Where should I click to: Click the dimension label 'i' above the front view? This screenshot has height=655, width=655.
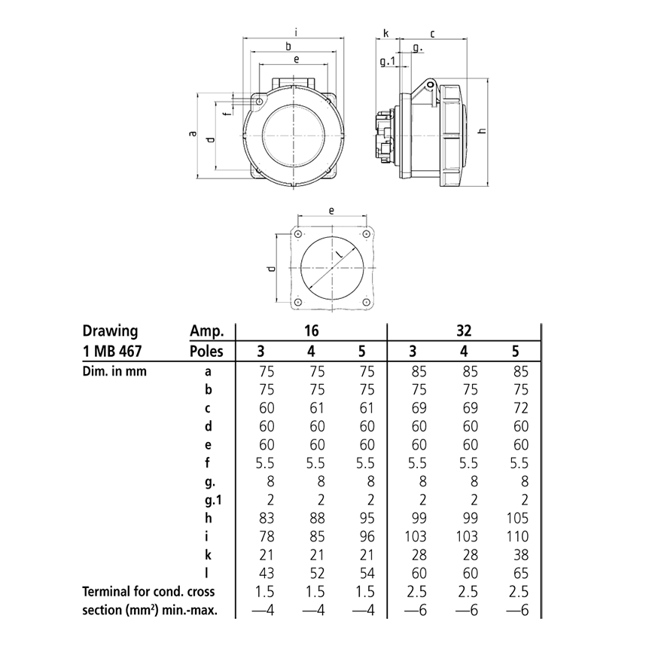tap(297, 32)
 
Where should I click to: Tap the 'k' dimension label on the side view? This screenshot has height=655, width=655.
tap(386, 33)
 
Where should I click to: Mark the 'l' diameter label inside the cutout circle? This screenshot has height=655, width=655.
tap(340, 256)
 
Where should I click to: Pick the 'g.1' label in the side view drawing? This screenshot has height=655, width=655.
tap(387, 61)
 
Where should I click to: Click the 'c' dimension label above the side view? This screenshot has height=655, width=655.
tap(433, 33)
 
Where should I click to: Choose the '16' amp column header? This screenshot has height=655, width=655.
tap(311, 331)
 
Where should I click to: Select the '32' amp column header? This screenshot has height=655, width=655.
tap(463, 331)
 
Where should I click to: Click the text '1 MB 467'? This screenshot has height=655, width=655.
tap(113, 351)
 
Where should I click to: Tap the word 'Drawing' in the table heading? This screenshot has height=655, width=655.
tap(109, 331)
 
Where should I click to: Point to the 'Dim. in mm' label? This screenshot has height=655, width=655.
tap(112, 370)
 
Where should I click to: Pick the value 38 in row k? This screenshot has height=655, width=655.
tap(520, 554)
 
